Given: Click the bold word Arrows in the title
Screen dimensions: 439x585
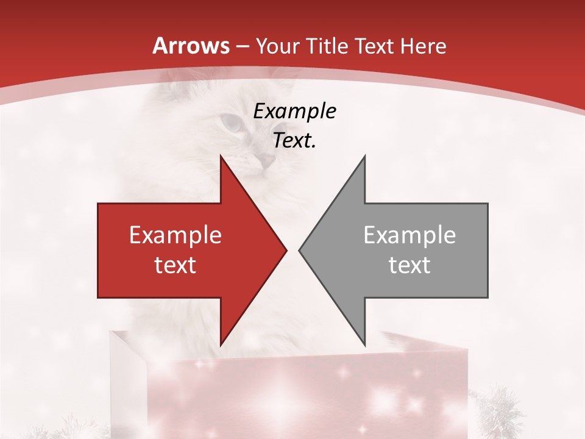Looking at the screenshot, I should pyautogui.click(x=191, y=46).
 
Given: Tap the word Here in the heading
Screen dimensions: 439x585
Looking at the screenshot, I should pyautogui.click(x=424, y=46).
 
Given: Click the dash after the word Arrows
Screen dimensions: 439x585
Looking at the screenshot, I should pyautogui.click(x=242, y=47).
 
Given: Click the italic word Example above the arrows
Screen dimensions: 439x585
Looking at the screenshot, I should pyautogui.click(x=295, y=112).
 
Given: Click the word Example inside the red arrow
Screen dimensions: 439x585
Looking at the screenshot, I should pyautogui.click(x=175, y=235).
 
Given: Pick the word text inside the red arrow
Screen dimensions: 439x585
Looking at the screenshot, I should pyautogui.click(x=175, y=265).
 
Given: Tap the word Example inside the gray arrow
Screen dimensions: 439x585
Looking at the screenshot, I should pyautogui.click(x=409, y=235).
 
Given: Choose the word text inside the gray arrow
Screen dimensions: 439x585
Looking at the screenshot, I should pyautogui.click(x=409, y=265).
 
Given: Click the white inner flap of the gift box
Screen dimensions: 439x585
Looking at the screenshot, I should pyautogui.click(x=128, y=378).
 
